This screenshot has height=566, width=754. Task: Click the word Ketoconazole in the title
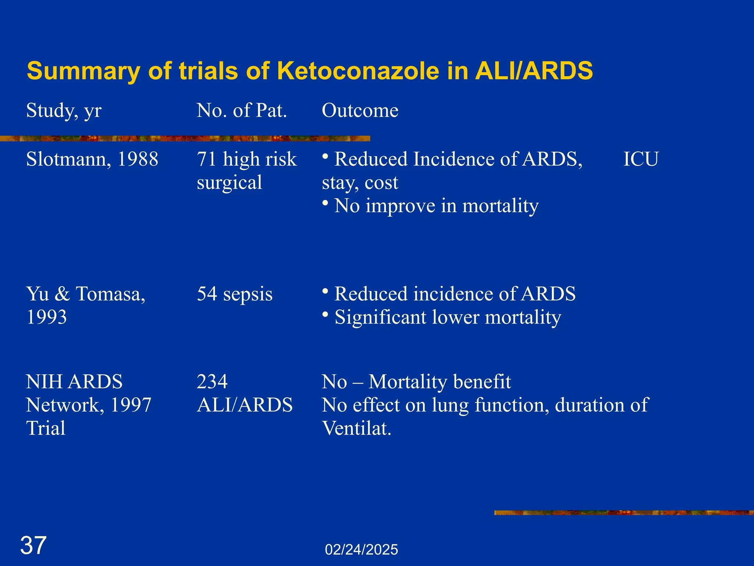(x=358, y=71)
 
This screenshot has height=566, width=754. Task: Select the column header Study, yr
(x=64, y=110)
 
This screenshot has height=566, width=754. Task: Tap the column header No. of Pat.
(x=242, y=110)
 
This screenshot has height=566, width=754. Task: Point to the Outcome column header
(x=360, y=110)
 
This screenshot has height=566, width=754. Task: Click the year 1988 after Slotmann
(x=137, y=159)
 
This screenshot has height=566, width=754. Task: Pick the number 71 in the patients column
(x=207, y=159)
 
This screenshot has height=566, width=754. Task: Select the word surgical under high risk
(x=229, y=182)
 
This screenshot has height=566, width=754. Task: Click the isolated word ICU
(x=641, y=159)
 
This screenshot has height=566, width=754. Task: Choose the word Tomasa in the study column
(x=110, y=294)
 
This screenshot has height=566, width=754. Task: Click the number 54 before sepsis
(x=207, y=294)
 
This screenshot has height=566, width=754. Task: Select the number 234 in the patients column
(x=212, y=382)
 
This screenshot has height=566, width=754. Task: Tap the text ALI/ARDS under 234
(x=245, y=405)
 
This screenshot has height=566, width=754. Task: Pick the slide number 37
(x=33, y=545)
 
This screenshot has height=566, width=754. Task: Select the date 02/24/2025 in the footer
(x=362, y=550)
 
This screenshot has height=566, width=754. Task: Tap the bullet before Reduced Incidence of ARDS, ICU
(x=325, y=156)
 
